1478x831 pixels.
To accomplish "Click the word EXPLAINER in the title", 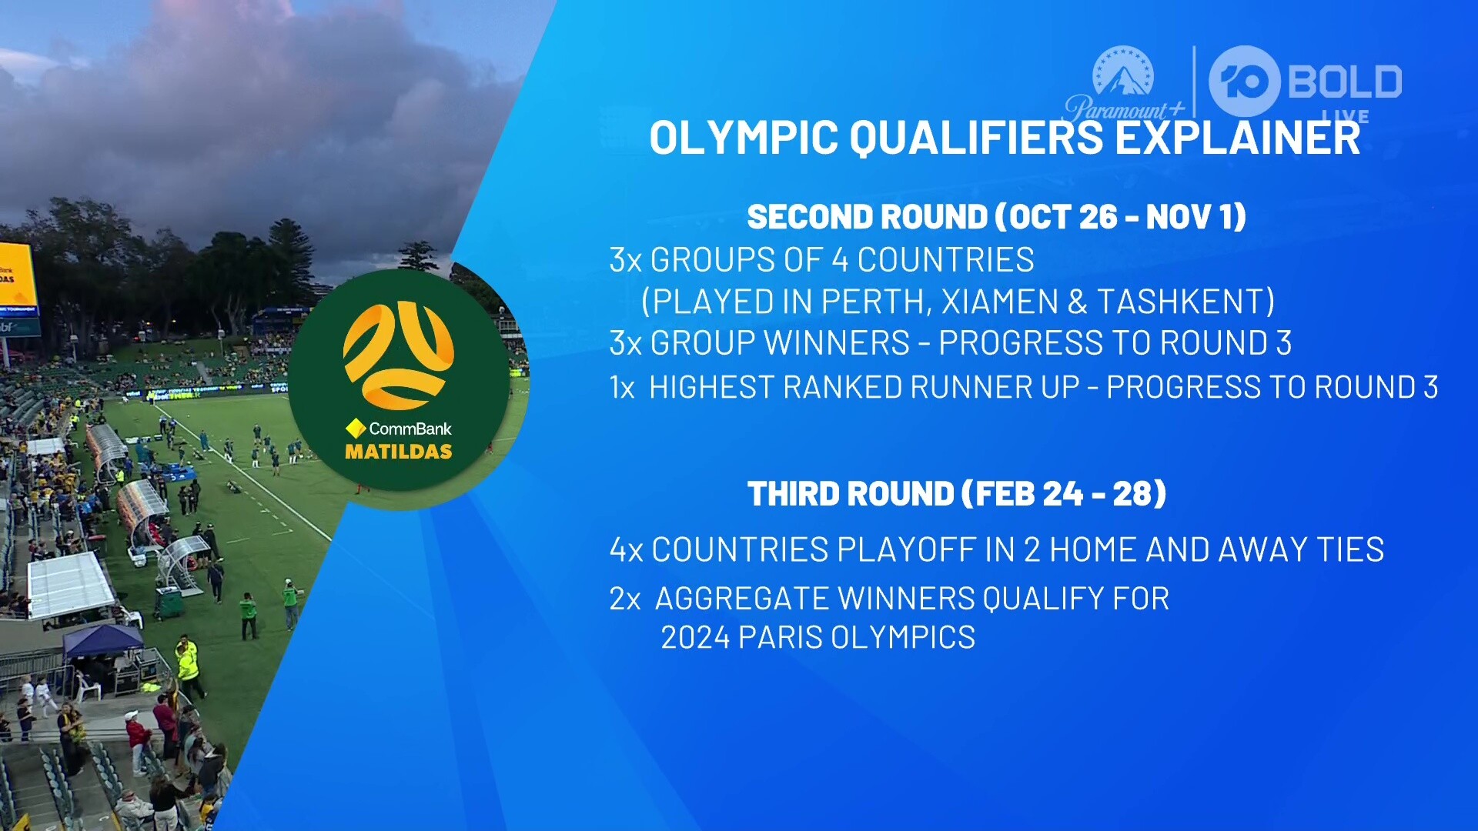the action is [1237, 138].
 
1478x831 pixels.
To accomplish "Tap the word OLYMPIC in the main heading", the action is [744, 138].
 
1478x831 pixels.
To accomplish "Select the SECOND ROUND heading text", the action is [996, 217].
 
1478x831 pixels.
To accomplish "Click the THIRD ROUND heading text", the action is [957, 494].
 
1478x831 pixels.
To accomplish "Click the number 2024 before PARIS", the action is [695, 638].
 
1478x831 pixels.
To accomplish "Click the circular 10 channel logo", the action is [1244, 82].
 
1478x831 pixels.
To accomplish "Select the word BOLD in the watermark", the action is [1344, 82].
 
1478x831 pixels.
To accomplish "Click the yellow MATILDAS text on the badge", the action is [399, 452].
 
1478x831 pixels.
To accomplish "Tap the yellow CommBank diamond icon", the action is [356, 428].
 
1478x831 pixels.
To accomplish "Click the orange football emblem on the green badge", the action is [398, 355].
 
